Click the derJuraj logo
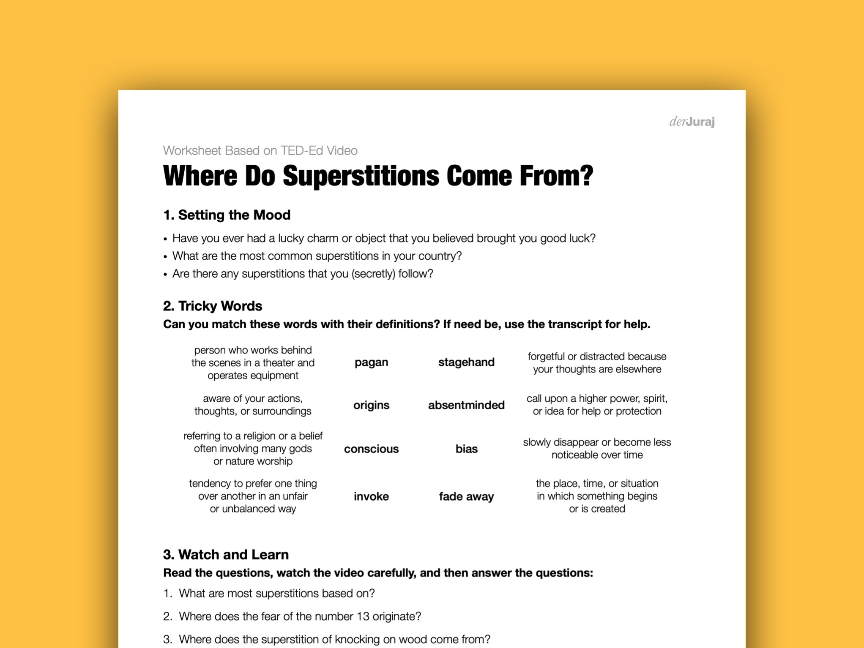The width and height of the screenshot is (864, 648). [692, 122]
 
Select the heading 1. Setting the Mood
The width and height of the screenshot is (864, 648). [227, 215]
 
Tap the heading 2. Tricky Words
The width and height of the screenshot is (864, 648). [212, 306]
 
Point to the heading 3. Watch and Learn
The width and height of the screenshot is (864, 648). [226, 554]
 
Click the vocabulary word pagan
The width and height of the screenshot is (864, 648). [371, 362]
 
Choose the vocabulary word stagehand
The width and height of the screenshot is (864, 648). [466, 362]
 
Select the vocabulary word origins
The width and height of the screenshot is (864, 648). [371, 405]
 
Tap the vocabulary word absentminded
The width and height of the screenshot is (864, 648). [466, 405]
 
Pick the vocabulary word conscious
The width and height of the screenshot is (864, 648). [371, 449]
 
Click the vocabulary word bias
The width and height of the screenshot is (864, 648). [466, 449]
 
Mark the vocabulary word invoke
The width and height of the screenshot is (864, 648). [371, 496]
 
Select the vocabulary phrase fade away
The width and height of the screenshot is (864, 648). [466, 496]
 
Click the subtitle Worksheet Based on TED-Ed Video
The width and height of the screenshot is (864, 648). [260, 150]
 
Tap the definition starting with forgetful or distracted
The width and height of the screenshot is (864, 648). [597, 362]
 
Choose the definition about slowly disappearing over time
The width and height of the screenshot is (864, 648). [597, 449]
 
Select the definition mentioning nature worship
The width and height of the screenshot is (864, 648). [253, 449]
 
